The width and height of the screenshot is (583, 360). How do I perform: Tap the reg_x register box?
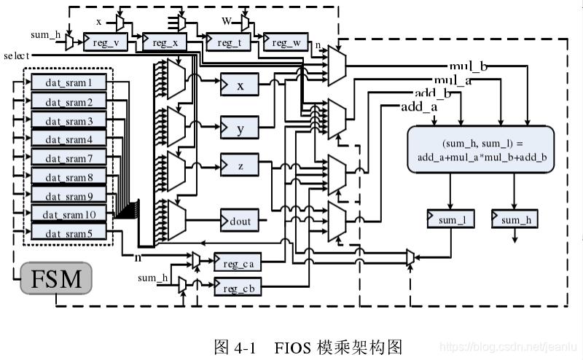point(164,43)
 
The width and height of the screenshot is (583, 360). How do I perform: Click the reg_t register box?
point(228,43)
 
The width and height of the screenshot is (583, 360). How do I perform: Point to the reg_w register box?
point(285,43)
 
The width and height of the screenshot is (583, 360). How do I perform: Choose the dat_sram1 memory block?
point(69,82)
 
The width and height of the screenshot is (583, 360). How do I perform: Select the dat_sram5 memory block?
point(69,233)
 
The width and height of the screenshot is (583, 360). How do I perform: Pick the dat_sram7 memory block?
point(69,158)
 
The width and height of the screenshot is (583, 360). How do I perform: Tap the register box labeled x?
point(240,86)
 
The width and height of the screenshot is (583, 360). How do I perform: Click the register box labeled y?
point(240,130)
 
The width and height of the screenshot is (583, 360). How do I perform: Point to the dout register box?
point(240,218)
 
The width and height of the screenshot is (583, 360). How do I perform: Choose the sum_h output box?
point(516,219)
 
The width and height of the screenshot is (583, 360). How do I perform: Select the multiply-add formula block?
point(480,149)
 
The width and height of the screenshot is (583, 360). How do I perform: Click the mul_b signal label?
point(468,67)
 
